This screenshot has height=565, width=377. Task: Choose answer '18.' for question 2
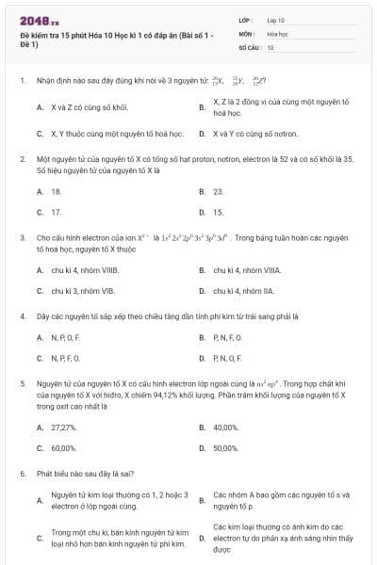(x=57, y=191)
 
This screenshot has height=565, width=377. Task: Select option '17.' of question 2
(x=57, y=212)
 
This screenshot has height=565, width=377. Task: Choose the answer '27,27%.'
(x=63, y=428)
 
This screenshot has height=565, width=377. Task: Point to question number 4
(x=22, y=316)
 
